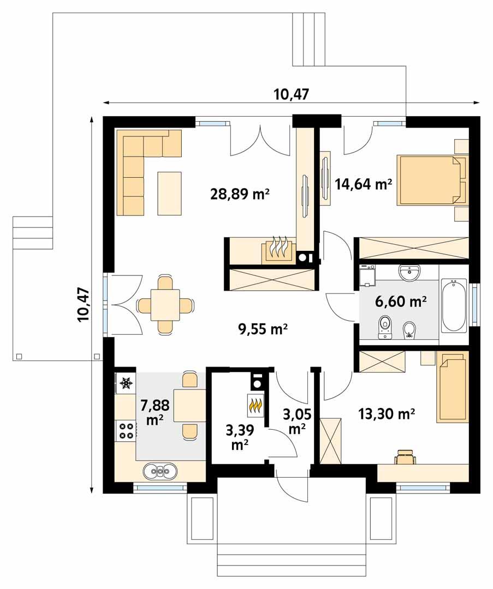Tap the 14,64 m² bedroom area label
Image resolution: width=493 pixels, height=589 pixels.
tap(364, 184)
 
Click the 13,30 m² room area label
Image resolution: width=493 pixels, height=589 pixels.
tap(387, 414)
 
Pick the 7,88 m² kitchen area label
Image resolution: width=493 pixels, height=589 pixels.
tap(155, 412)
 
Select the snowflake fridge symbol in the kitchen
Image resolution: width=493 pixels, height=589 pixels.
tap(126, 383)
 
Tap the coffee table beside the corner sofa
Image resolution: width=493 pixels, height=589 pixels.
tap(169, 193)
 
